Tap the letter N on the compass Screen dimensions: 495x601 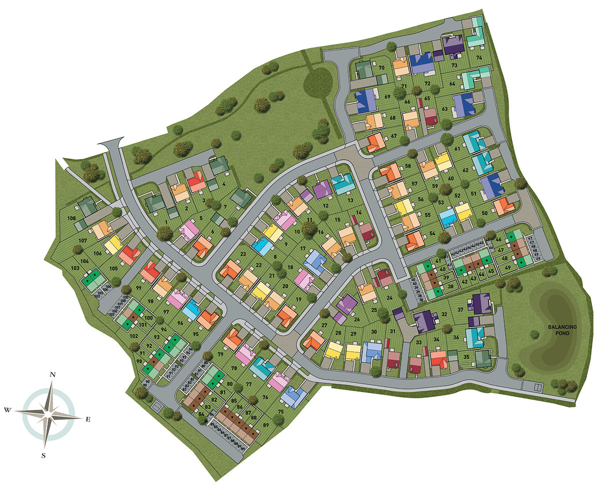pyautogui.click(x=52, y=374)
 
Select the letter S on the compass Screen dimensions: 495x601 pyautogui.click(x=44, y=455)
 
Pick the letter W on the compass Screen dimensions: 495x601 pyautogui.click(x=8, y=410)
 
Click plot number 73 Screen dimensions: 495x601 pyautogui.click(x=454, y=65)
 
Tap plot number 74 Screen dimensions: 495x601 pyautogui.click(x=479, y=58)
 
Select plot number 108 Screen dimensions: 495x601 pyautogui.click(x=72, y=218)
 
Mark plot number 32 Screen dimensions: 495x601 pyautogui.click(x=444, y=315)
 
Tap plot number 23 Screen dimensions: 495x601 pyautogui.click(x=243, y=254)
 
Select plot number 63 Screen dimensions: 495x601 pyautogui.click(x=444, y=108)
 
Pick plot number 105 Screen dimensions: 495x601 pyautogui.click(x=114, y=269)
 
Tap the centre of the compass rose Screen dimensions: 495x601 pyautogui.click(x=48, y=414)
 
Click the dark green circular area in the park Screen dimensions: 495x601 pyautogui.click(x=318, y=81)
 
